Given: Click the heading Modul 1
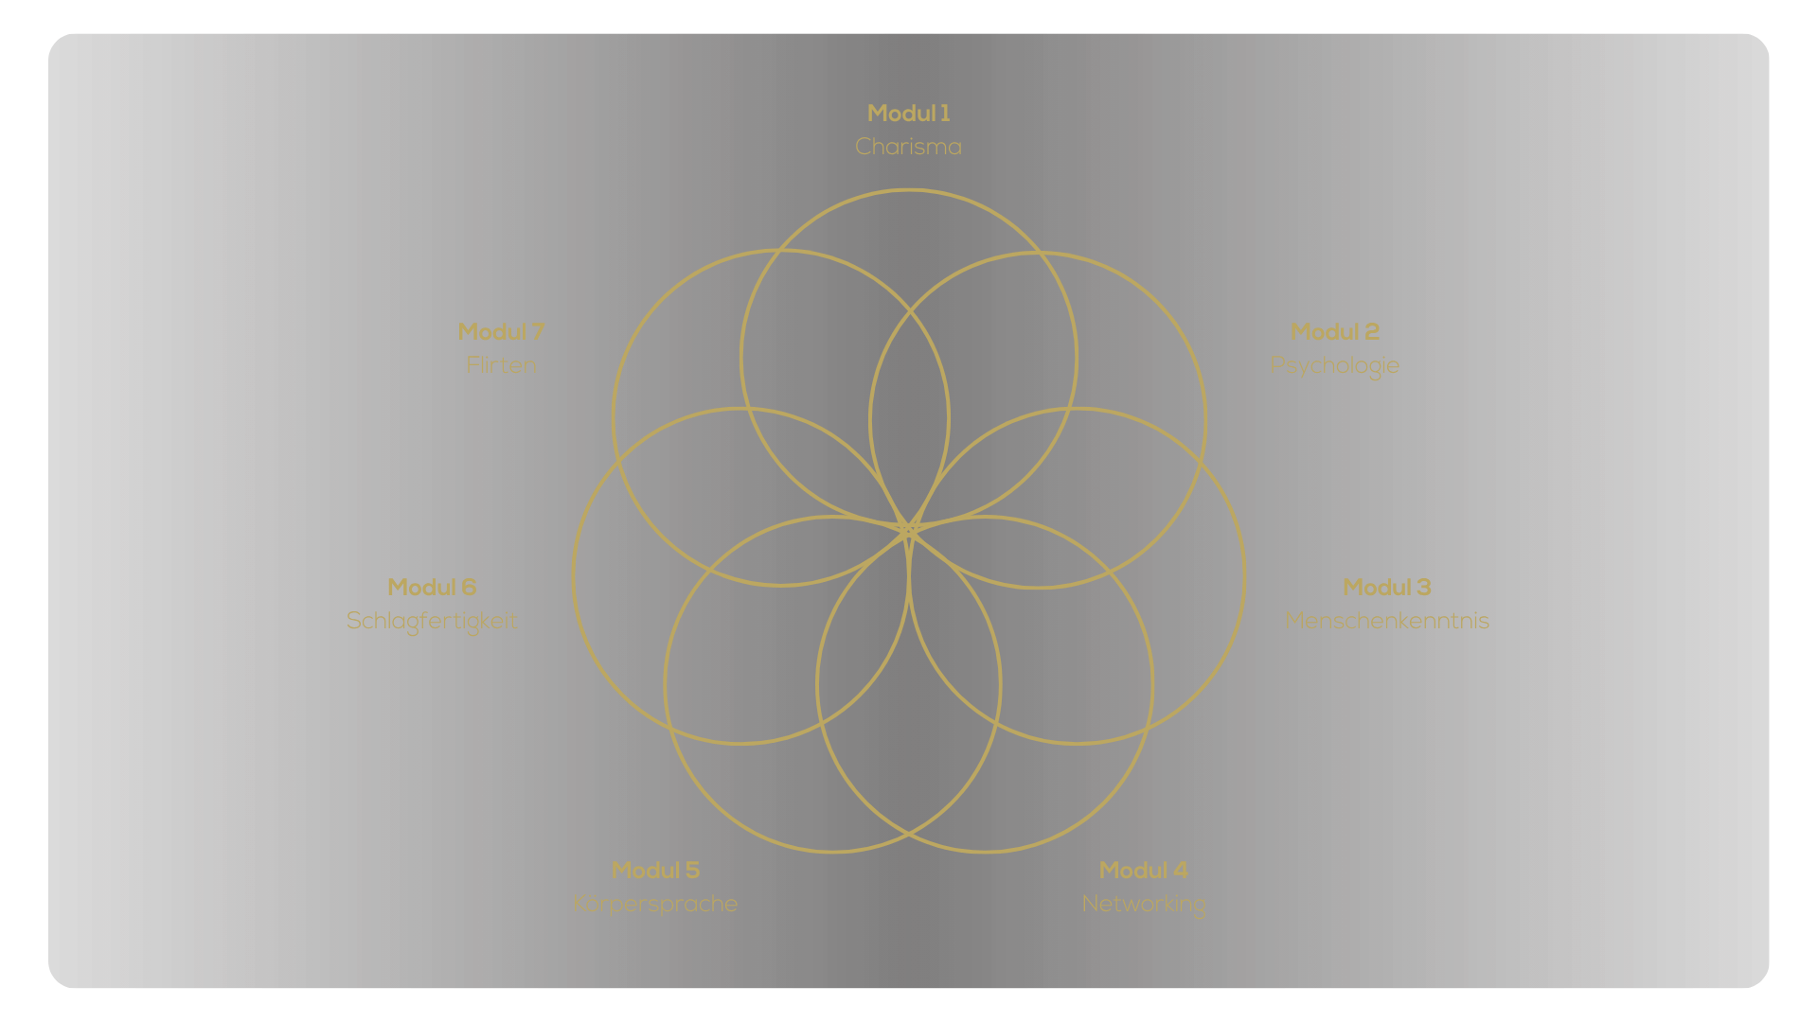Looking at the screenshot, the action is (908, 114).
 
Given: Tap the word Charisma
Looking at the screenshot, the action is (908, 147).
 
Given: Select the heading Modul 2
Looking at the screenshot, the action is (1334, 332).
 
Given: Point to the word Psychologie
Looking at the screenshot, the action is (1334, 365).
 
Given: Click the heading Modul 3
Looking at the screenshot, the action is (1386, 588).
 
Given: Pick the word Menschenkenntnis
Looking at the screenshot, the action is (1386, 621).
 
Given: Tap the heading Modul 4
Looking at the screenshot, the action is (1143, 871).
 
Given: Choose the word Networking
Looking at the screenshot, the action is (1143, 904).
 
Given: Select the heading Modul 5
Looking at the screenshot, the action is (655, 871).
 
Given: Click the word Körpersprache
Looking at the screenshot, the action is (655, 904).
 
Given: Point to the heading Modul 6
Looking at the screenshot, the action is (432, 588).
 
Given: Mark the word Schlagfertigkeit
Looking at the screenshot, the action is (432, 621).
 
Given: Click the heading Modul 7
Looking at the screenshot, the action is (501, 332).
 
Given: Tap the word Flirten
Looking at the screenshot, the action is (501, 365).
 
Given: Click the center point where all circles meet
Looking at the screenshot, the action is (909, 528).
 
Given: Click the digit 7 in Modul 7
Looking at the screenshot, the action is (538, 332).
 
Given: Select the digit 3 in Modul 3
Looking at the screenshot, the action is (1423, 588).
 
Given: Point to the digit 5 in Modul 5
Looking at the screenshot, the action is (692, 871).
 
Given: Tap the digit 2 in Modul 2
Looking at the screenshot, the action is (1371, 332).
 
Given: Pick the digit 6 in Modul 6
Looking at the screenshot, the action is (469, 588).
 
